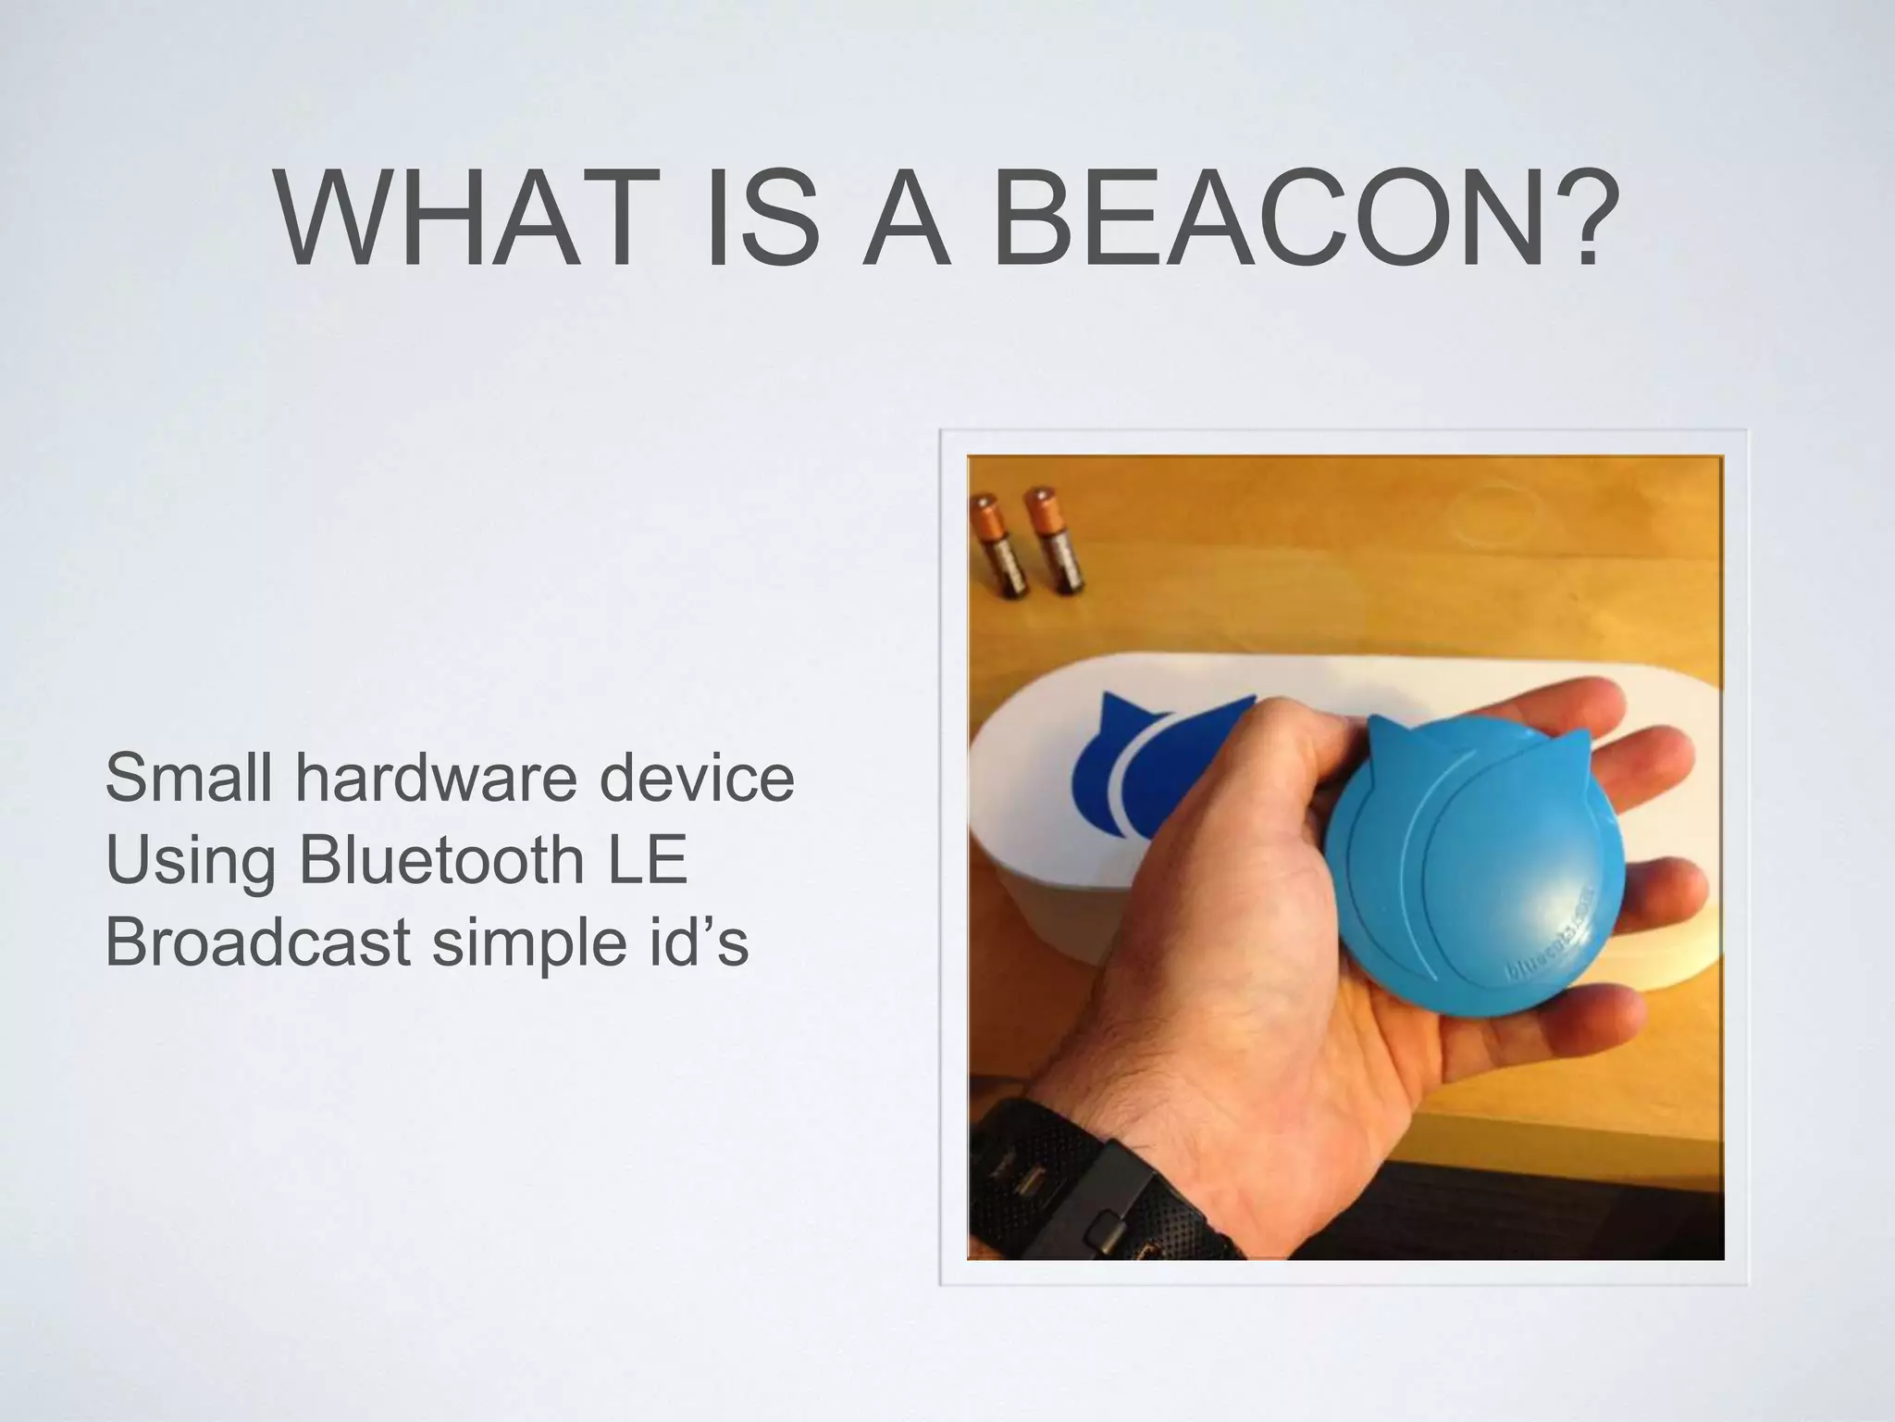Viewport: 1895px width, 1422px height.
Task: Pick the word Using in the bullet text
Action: click(190, 860)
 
